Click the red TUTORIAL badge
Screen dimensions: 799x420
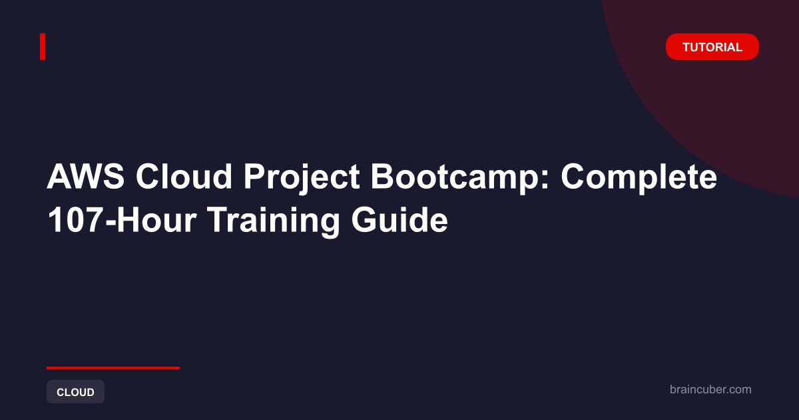[712, 47]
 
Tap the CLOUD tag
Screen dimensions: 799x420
[75, 392]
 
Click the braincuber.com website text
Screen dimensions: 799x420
[710, 389]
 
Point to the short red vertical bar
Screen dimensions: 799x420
[43, 47]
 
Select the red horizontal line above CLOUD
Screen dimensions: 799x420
[113, 367]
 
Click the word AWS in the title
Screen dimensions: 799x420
[86, 177]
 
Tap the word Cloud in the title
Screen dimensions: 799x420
[184, 177]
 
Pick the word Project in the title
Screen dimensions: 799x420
[302, 178]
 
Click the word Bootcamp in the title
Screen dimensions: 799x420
[454, 178]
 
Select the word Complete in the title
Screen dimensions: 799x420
[639, 178]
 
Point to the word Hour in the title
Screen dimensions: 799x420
[156, 220]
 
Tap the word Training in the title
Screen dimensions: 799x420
[274, 222]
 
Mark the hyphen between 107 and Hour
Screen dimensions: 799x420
[111, 223]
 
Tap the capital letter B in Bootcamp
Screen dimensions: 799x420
[383, 177]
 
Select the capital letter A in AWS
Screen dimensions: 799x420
[59, 177]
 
